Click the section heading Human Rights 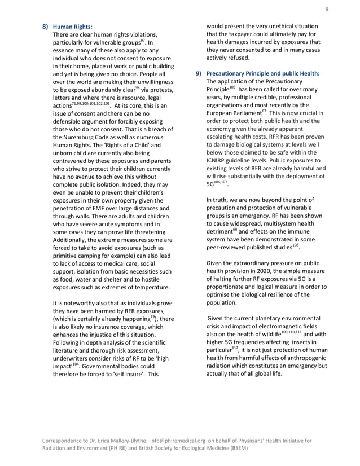[72, 27]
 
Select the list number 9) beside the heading [197, 73]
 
